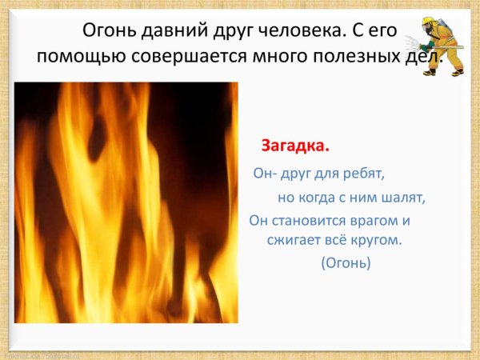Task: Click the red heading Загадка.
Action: [x=295, y=147]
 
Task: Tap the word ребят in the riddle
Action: [x=364, y=172]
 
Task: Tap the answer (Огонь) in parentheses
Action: [x=346, y=262]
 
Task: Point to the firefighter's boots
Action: [x=443, y=73]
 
